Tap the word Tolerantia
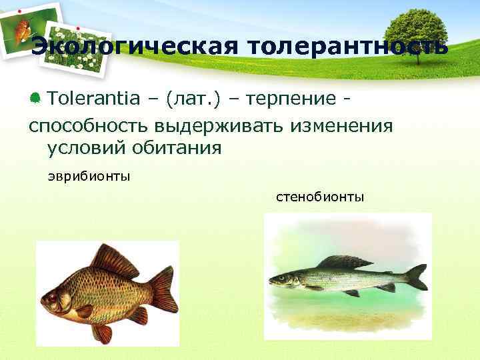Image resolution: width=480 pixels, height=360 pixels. [93, 99]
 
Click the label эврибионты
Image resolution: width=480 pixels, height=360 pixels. [89, 177]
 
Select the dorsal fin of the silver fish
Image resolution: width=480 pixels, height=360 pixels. [344, 261]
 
